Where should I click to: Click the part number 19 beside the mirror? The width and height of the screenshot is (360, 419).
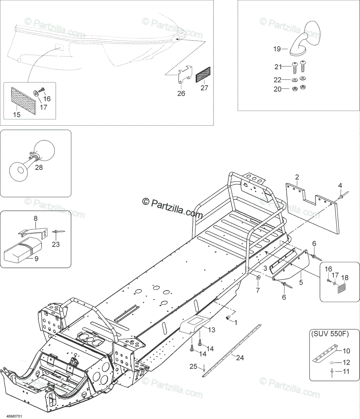[x=277, y=49]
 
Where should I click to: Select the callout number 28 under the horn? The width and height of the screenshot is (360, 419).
[x=39, y=168]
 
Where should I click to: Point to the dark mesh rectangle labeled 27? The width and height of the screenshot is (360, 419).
[x=203, y=75]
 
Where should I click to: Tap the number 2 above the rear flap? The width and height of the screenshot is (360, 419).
[x=297, y=177]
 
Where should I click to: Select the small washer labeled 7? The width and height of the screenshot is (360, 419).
[x=259, y=278]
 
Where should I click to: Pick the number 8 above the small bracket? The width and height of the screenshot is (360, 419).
[x=36, y=219]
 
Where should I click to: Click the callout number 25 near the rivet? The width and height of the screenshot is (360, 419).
[x=193, y=367]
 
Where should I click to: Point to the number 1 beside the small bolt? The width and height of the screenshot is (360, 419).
[x=235, y=322]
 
